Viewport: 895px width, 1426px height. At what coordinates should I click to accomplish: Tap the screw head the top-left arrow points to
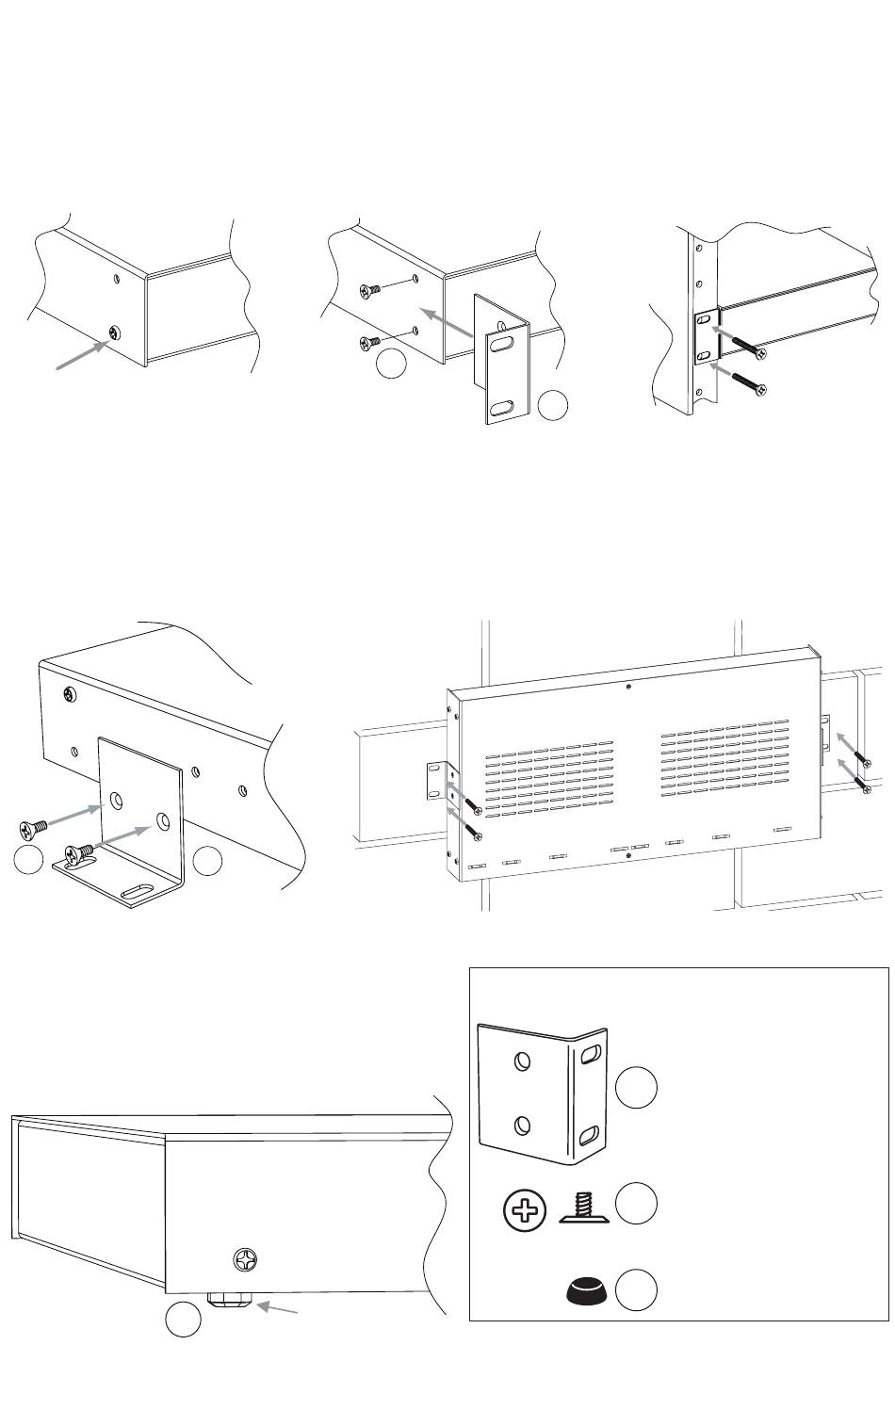pyautogui.click(x=115, y=332)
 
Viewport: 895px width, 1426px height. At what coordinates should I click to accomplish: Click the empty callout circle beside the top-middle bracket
pyautogui.click(x=553, y=406)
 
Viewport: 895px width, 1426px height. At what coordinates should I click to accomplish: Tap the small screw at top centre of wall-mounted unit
pyautogui.click(x=628, y=687)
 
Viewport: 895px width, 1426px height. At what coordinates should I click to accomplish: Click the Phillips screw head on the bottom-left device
pyautogui.click(x=245, y=1259)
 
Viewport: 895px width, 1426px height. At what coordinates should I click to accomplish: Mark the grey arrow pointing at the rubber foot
pyautogui.click(x=282, y=1309)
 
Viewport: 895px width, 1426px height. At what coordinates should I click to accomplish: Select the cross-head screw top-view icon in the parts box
pyautogui.click(x=526, y=1210)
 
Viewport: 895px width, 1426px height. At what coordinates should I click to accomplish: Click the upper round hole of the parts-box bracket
pyautogui.click(x=521, y=1061)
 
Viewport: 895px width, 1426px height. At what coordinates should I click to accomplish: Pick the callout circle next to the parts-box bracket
pyautogui.click(x=636, y=1089)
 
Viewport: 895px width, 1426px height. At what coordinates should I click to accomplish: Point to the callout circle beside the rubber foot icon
pyautogui.click(x=636, y=1289)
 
